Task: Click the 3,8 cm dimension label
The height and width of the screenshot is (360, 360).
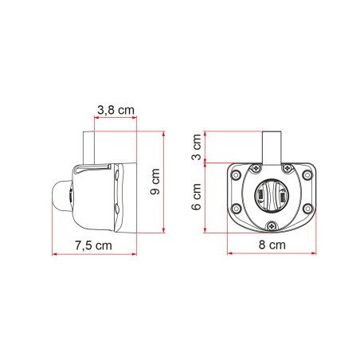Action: pos(115,110)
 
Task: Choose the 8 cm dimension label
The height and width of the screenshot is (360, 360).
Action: pos(272,245)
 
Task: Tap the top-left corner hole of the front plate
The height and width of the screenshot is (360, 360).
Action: pos(236,174)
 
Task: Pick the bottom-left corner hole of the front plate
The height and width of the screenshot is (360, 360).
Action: pos(236,209)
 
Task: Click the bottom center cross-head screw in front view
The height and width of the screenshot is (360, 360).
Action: pos(272,225)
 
